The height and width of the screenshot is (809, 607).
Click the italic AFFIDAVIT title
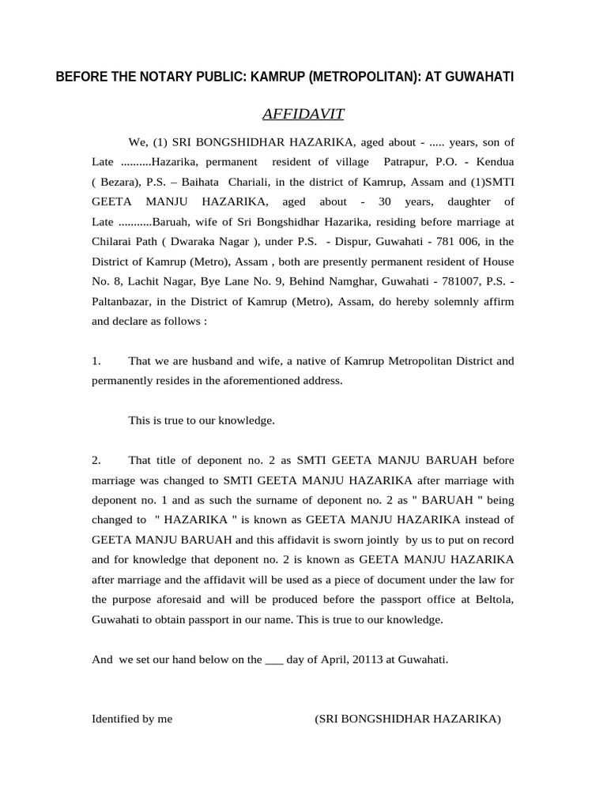(x=303, y=115)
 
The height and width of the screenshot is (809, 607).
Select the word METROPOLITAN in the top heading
(x=358, y=77)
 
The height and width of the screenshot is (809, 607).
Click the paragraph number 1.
(x=96, y=361)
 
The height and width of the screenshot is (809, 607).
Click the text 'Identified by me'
(x=132, y=719)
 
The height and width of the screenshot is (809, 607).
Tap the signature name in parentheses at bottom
(x=407, y=719)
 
